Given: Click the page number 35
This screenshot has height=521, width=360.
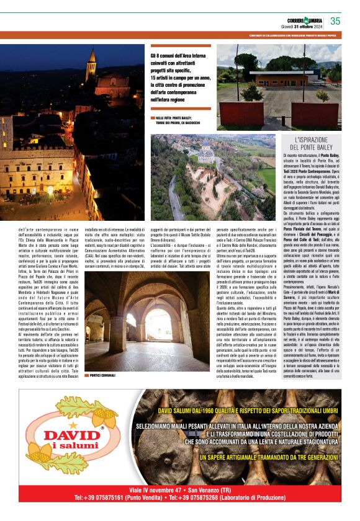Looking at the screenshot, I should pos(336,21).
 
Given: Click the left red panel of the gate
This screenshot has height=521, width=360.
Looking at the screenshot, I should pos(241,112).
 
